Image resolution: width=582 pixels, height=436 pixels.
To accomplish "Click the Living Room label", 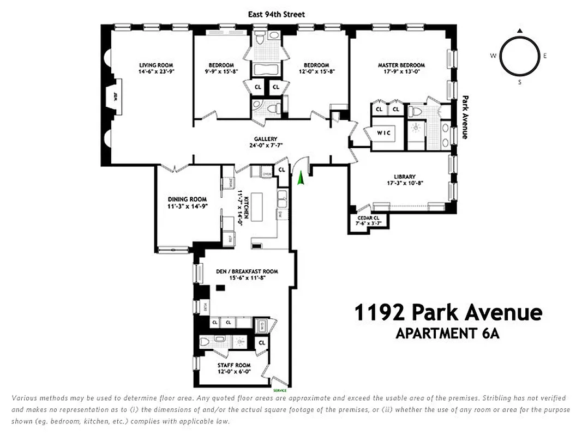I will pos(155,65).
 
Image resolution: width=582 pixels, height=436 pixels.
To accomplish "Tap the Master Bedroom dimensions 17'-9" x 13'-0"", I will pos(401,72).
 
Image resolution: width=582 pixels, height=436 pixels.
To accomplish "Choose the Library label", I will pos(405,177).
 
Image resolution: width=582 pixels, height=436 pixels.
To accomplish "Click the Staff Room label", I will pos(233,365).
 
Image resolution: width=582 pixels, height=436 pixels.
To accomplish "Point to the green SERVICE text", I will pos(280,391).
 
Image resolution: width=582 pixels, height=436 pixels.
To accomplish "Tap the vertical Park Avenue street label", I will pos(465,117).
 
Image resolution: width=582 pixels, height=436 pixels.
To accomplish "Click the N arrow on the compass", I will pos(520,31).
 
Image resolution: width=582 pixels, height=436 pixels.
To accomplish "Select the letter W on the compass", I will pos(493,56).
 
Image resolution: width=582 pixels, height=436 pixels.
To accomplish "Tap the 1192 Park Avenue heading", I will pos(448,313).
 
